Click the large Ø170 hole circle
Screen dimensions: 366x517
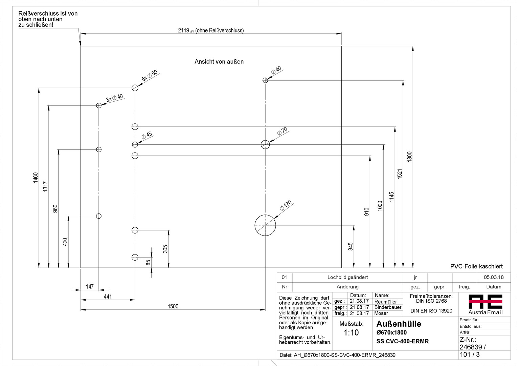[265, 225]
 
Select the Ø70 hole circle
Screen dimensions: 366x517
[265, 145]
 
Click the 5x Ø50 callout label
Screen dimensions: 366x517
[150, 76]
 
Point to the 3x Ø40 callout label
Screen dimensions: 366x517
[114, 98]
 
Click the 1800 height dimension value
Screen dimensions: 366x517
[409, 157]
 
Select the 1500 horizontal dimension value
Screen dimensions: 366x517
[173, 306]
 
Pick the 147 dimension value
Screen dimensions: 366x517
[90, 287]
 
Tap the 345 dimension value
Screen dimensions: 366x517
[351, 246]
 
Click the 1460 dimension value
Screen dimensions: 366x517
[36, 178]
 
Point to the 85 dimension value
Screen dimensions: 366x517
[148, 262]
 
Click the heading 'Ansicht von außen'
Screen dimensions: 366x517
[219, 62]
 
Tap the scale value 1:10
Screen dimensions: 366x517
[351, 333]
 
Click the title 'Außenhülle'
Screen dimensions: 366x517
[399, 324]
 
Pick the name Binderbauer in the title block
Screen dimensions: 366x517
[388, 307]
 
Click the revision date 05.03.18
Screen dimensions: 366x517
[493, 277]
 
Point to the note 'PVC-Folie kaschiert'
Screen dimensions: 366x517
[476, 267]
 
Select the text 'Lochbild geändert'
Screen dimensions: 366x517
[347, 277]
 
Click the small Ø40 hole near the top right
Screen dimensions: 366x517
[265, 80]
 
